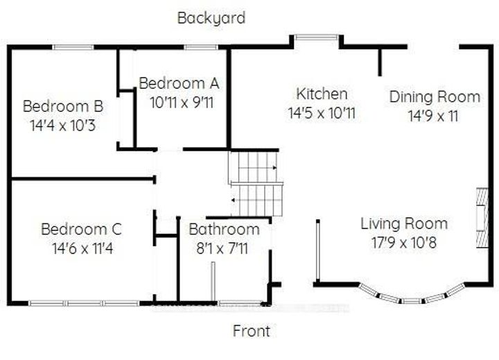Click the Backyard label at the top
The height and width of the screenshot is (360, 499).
[211, 18]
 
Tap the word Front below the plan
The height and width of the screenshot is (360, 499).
[251, 331]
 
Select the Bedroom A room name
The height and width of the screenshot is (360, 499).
[179, 83]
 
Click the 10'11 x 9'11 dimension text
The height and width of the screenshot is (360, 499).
[179, 102]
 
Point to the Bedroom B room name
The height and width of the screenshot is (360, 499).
[63, 107]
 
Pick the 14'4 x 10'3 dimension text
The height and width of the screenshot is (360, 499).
[63, 126]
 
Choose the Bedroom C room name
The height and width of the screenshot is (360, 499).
[81, 229]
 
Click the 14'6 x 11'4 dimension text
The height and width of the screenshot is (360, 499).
[81, 248]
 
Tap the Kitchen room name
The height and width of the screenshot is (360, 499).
[322, 94]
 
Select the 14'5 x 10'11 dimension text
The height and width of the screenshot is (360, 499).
[322, 112]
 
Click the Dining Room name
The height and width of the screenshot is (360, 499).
[434, 96]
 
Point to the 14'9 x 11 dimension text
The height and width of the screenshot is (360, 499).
[434, 115]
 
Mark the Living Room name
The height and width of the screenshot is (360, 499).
[403, 223]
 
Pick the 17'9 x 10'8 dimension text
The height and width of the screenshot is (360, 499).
[403, 242]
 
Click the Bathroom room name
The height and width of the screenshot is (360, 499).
[224, 229]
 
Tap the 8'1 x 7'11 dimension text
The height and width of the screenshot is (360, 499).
[224, 248]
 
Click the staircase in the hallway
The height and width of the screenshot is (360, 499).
[256, 183]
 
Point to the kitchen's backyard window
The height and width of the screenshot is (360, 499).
[317, 37]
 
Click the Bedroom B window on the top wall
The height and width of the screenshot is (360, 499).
[73, 47]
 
